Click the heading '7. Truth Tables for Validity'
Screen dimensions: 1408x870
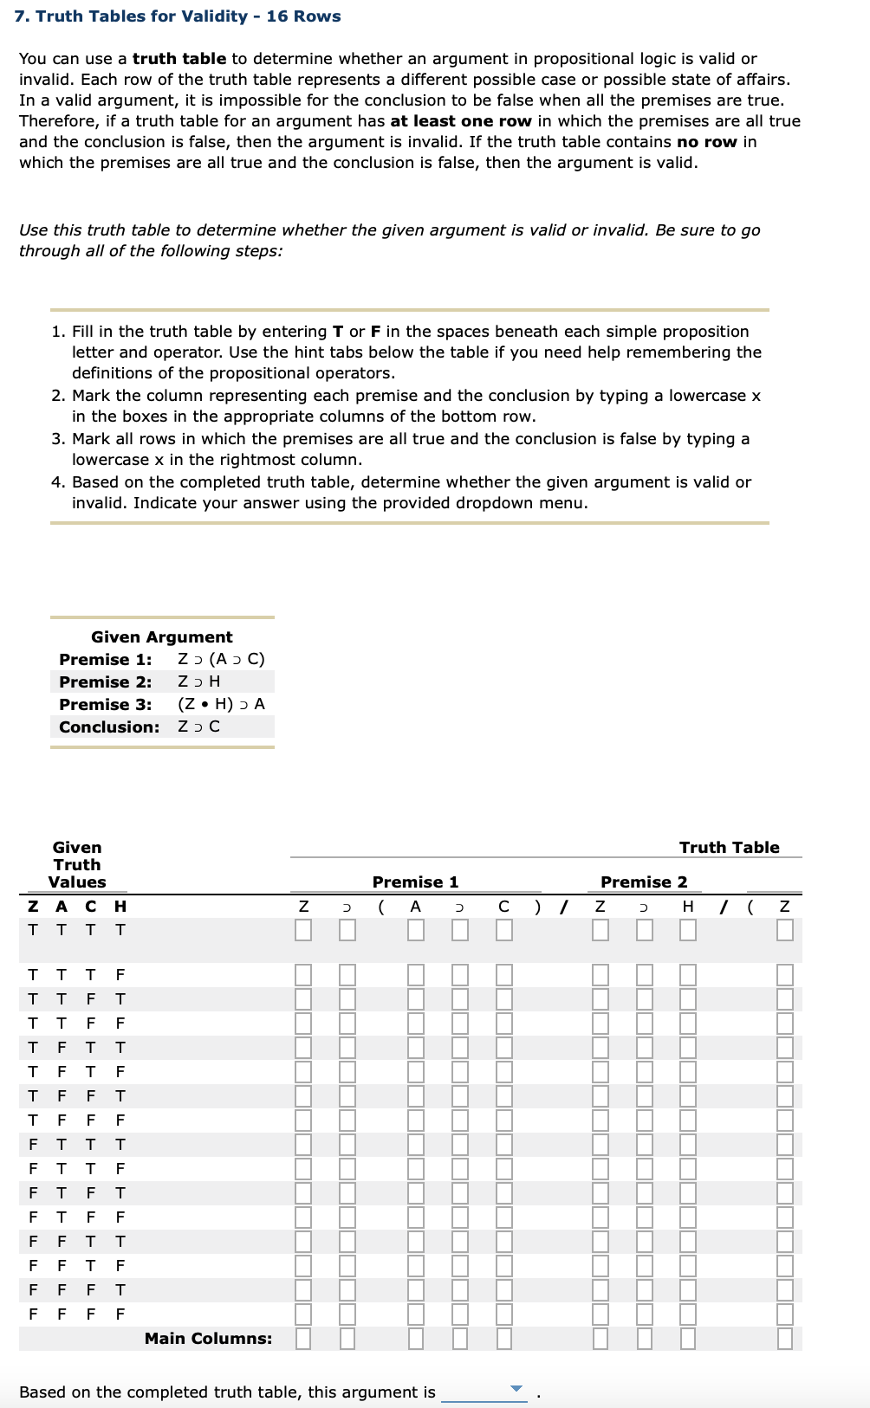(178, 16)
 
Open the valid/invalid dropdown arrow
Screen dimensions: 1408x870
(517, 1389)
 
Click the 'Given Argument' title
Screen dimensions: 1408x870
(162, 637)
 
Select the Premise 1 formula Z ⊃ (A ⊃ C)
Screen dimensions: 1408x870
(221, 659)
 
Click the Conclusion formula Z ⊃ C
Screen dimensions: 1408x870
(198, 727)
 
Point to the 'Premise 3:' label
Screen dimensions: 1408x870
(105, 704)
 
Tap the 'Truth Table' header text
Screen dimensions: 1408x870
(729, 848)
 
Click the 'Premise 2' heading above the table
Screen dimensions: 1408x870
(644, 882)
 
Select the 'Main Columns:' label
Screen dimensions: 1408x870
(208, 1339)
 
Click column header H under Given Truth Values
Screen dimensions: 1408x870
(120, 907)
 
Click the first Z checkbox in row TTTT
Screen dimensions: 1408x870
(303, 930)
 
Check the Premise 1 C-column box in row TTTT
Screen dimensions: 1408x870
(504, 930)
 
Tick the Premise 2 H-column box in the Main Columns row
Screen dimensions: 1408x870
(688, 1339)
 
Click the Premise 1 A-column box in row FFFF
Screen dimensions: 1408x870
(416, 1314)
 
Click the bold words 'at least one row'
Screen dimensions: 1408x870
(461, 121)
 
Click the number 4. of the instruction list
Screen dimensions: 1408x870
(57, 482)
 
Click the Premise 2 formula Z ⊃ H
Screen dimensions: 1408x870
(198, 681)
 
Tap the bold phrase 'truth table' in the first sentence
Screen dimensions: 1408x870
(179, 59)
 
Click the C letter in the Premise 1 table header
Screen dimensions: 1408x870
(503, 907)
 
